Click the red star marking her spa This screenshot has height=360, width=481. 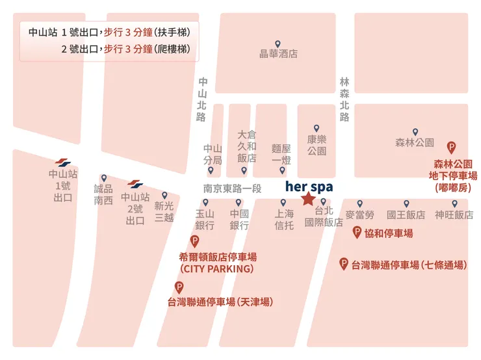click(307, 199)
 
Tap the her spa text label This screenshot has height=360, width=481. click(309, 186)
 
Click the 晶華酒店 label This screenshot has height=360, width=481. click(278, 54)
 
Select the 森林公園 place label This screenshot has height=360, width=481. click(414, 142)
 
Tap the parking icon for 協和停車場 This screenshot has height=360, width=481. click(357, 232)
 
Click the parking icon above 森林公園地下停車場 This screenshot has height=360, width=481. click(452, 148)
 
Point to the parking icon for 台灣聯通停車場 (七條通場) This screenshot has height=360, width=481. click(344, 263)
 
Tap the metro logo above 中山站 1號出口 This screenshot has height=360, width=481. click(63, 162)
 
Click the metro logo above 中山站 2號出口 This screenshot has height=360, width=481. click(135, 185)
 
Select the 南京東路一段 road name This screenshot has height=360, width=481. click(232, 188)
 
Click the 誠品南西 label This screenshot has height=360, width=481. click(103, 194)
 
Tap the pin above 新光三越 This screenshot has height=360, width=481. click(164, 195)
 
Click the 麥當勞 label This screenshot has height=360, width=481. click(359, 214)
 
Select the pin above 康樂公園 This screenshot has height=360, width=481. click(317, 128)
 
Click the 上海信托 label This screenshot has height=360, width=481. click(283, 220)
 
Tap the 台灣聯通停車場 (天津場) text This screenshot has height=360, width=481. click(220, 302)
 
